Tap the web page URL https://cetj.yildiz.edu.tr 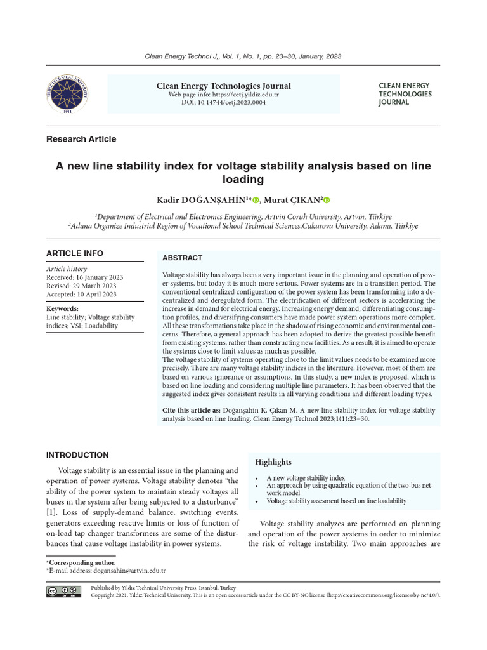tap(223, 95)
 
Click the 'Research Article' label tap(81, 139)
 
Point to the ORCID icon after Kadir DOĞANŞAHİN tap(256, 201)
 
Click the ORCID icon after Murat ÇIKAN tap(327, 201)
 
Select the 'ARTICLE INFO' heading tap(74, 253)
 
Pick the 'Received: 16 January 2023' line tap(84, 277)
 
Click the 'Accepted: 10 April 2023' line tap(81, 294)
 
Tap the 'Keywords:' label tap(62, 308)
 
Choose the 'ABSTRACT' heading tap(182, 258)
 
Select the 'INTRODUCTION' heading tap(77, 455)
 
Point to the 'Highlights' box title tap(273, 461)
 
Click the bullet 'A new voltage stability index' tap(306, 478)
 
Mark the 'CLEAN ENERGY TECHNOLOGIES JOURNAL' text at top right tap(405, 94)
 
